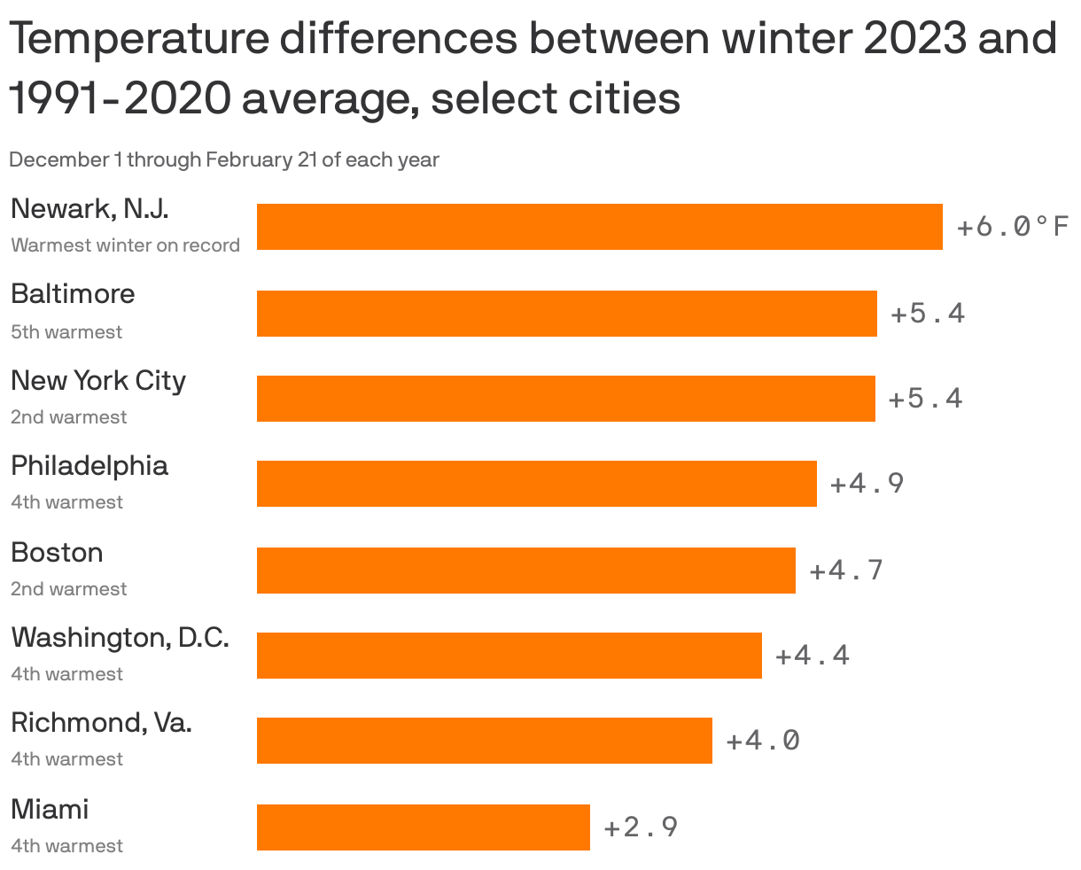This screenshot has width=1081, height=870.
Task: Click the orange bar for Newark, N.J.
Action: point(599,227)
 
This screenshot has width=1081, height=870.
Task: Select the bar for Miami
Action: point(423,827)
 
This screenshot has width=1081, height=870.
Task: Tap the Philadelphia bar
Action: point(536,484)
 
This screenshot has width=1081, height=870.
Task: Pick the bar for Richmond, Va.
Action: point(484,741)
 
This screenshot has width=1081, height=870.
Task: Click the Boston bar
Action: point(525,571)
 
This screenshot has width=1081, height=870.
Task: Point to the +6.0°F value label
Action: point(1012,228)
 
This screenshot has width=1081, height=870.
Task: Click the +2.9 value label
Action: point(641,827)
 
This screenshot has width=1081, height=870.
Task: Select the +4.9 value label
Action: point(867,484)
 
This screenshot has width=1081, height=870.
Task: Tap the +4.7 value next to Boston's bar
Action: point(846,570)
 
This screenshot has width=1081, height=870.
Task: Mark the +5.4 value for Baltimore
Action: point(927,314)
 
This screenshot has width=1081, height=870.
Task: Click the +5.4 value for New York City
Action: point(925,399)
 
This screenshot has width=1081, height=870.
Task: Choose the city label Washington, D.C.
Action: point(120,637)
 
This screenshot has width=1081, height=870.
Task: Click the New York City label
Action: point(98,380)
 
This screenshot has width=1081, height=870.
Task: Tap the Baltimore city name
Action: point(73,293)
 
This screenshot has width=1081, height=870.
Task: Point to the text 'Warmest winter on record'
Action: point(125,245)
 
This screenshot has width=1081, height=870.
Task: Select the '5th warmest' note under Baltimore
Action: point(66,332)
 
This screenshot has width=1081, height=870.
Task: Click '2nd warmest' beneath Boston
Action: point(68,589)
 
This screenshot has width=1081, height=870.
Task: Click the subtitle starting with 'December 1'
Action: point(223,160)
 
